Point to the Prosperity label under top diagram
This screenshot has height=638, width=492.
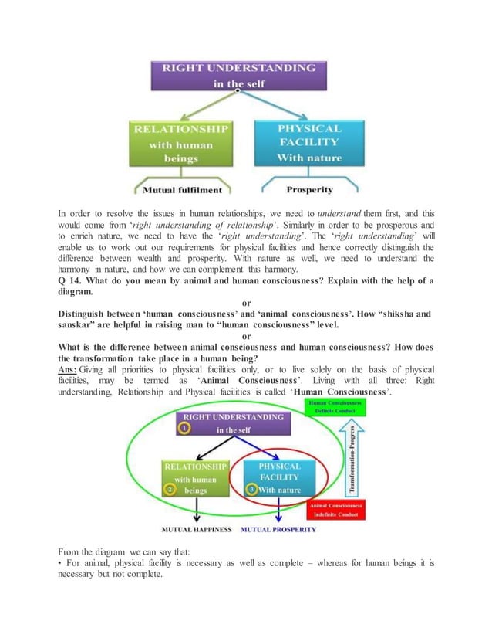309,189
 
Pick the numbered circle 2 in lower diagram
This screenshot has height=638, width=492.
169,490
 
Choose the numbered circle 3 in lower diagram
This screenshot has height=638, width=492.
251,490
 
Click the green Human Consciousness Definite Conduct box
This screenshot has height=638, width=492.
338,407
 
